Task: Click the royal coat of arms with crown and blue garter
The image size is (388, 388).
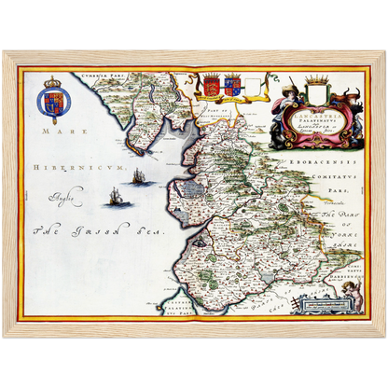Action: point(53,100)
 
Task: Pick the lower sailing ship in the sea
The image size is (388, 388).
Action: point(116,197)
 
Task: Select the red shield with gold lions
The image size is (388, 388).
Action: point(212,86)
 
